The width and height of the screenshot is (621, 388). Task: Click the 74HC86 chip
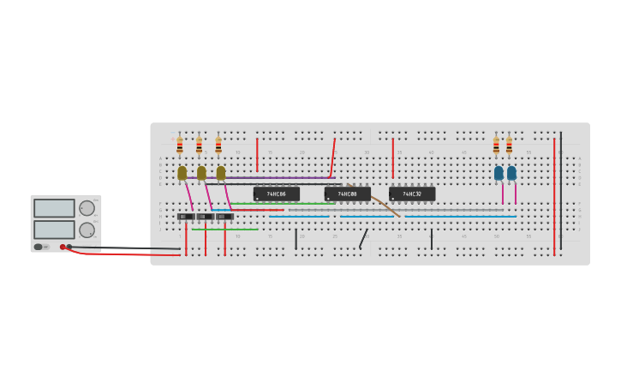[276, 194]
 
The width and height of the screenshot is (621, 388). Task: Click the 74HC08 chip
[347, 194]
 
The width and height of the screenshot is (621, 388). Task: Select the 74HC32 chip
[412, 194]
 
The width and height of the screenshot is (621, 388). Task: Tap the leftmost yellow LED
[182, 173]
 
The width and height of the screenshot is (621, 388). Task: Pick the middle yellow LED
[201, 173]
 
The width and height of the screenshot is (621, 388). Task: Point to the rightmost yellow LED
[220, 173]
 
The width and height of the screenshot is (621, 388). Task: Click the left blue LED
[499, 173]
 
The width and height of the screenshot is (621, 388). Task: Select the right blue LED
[511, 173]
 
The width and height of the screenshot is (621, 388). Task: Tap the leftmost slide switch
[186, 217]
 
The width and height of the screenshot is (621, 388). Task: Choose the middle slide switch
[206, 217]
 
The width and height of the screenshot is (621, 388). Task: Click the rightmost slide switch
[224, 217]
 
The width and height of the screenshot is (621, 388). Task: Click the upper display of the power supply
[54, 208]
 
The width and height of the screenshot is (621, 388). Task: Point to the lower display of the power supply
[54, 230]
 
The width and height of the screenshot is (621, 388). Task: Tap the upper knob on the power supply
[87, 208]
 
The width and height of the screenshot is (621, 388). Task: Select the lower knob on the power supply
[87, 230]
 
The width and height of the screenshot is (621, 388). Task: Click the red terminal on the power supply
[63, 247]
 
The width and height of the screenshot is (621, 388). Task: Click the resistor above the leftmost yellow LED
[180, 146]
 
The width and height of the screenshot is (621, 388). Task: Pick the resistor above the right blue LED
[509, 146]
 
